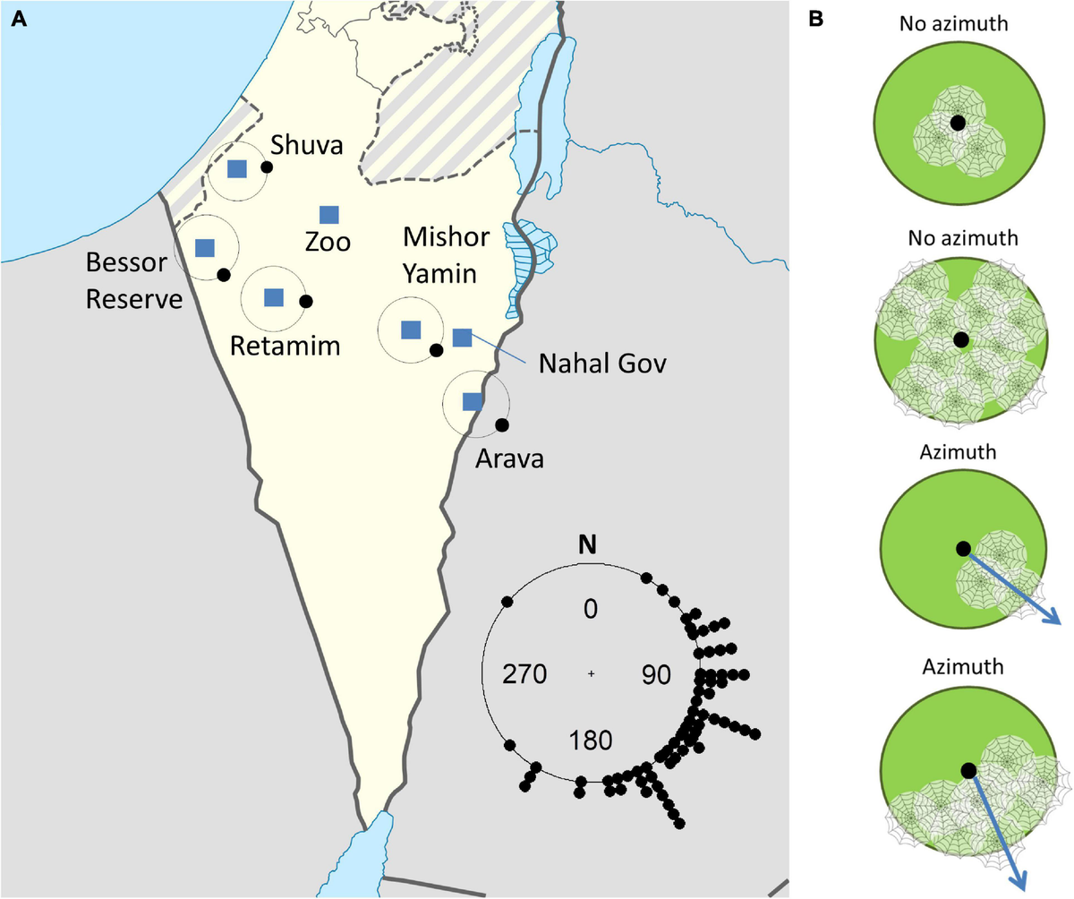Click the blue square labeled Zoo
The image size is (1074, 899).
[329, 214]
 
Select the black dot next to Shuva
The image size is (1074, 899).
[266, 167]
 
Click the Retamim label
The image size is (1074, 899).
[285, 345]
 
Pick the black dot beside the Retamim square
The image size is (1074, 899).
[305, 301]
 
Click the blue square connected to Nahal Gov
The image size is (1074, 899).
[462, 338]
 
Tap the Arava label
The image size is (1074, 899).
[509, 459]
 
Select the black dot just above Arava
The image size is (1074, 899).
[501, 424]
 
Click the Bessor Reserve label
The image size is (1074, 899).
[133, 280]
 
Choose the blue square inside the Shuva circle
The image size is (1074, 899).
[236, 169]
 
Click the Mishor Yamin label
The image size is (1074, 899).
[446, 253]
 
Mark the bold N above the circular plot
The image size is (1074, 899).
[589, 544]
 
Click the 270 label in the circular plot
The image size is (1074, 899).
[524, 674]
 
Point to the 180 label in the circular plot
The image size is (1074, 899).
[590, 741]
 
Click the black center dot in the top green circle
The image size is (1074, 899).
[958, 123]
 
